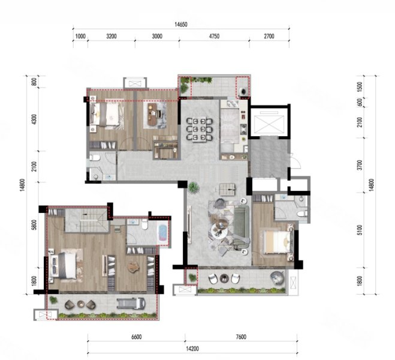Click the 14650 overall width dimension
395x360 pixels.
(x=181, y=25)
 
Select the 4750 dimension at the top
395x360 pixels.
(x=214, y=37)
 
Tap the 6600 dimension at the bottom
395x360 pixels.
(x=136, y=337)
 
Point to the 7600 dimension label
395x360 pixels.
(x=241, y=337)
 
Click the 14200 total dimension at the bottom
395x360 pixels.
(x=192, y=349)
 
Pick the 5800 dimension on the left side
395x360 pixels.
(x=35, y=225)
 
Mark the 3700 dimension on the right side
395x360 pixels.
(x=360, y=165)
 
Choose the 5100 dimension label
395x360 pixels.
(x=360, y=230)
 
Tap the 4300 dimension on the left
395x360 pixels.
(x=35, y=119)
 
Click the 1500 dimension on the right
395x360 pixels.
(x=360, y=86)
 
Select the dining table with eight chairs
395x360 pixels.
(x=200, y=130)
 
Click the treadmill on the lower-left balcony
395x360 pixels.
(x=131, y=303)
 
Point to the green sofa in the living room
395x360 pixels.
(x=242, y=225)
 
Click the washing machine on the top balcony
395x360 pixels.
(x=243, y=91)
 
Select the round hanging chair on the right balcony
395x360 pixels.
(x=278, y=278)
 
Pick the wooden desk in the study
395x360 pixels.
(x=153, y=114)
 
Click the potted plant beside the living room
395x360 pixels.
(x=193, y=188)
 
